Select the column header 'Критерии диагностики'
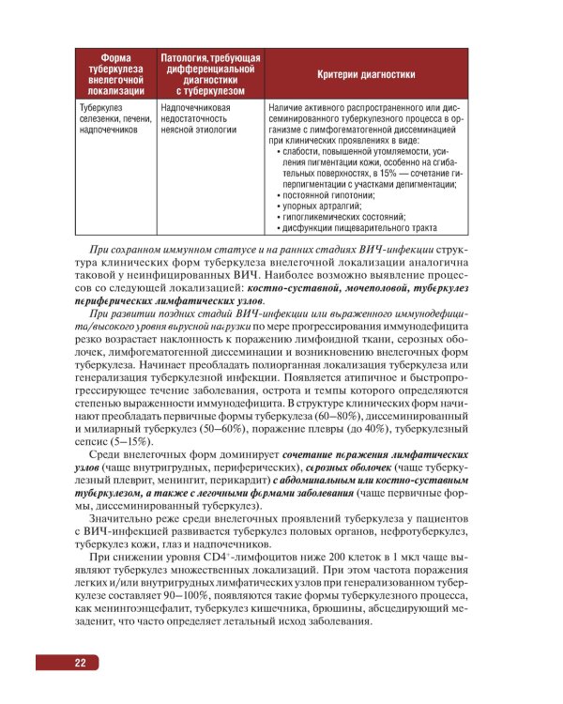367,74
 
